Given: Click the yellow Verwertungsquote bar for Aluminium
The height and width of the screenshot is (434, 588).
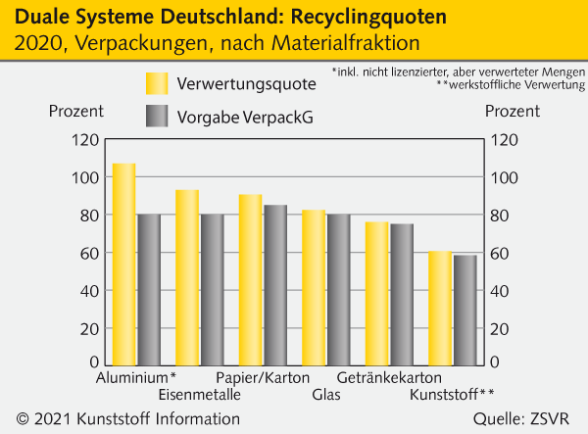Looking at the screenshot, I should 124,265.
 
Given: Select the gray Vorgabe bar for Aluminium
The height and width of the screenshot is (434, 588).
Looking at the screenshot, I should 149,290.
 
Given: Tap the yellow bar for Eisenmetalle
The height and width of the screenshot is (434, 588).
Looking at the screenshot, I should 187,277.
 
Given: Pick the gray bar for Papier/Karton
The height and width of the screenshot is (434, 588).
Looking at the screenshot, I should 275,285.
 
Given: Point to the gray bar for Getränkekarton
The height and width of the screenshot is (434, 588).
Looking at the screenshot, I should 402,295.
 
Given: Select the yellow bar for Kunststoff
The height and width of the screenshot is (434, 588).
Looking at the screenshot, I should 440,309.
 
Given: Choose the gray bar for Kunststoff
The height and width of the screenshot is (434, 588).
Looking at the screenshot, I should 465,311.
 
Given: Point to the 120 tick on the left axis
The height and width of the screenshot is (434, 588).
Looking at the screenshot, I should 85,140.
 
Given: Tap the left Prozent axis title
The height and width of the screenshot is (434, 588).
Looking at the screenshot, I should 74,111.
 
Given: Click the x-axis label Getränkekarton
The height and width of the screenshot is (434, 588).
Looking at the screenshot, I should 389,378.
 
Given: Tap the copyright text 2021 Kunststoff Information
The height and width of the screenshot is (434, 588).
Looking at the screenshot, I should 134,419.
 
